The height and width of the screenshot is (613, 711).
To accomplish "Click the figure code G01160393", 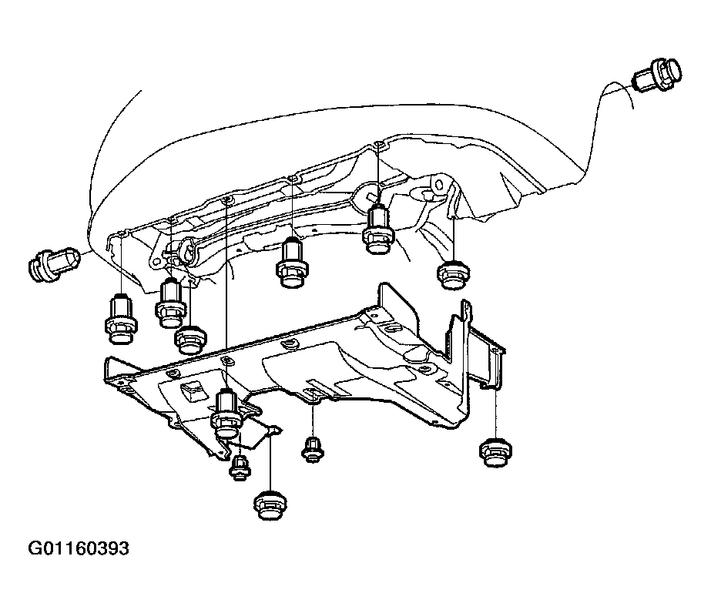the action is pyautogui.click(x=79, y=548).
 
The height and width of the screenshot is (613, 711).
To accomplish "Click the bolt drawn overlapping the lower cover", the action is pyautogui.click(x=226, y=412).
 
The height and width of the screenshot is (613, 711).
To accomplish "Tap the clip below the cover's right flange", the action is pyautogui.click(x=495, y=452).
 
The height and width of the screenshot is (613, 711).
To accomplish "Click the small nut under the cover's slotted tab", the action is pyautogui.click(x=313, y=450).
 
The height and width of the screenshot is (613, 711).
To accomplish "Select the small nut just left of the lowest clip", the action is pyautogui.click(x=240, y=468).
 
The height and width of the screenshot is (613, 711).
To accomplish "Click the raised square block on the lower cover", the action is pyautogui.click(x=191, y=390).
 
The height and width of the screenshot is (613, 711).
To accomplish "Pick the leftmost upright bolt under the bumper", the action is pyautogui.click(x=121, y=319).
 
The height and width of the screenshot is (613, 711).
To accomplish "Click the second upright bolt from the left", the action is pyautogui.click(x=170, y=303).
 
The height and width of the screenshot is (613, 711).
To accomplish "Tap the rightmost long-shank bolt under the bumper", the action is pyautogui.click(x=378, y=229).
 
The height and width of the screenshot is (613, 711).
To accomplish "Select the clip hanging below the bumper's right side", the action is pyautogui.click(x=454, y=275).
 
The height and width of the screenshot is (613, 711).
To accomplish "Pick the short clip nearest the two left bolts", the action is pyautogui.click(x=191, y=339).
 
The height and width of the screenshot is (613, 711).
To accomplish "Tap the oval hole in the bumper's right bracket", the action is pyautogui.click(x=438, y=185).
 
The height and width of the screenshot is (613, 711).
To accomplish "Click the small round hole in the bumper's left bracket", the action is pyautogui.click(x=157, y=263).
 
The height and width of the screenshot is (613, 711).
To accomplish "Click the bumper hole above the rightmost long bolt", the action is pyautogui.click(x=379, y=145).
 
